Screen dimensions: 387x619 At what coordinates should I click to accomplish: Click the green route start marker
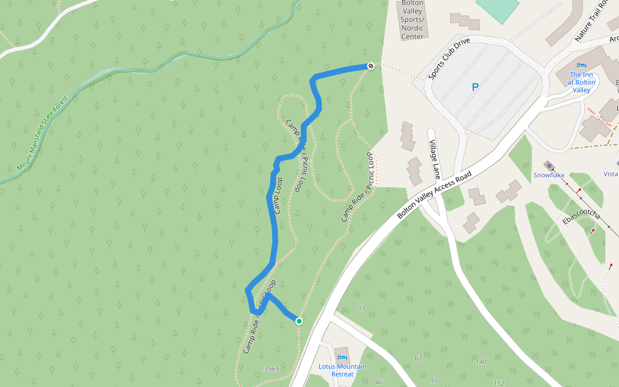299,321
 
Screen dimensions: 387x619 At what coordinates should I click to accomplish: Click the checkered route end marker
371,66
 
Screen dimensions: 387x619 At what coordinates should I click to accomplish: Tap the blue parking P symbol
475,87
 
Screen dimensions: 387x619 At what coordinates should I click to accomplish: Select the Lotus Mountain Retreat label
342,370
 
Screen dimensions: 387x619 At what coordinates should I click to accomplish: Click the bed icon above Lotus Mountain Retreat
342,357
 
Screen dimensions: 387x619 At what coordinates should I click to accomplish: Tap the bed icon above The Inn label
582,66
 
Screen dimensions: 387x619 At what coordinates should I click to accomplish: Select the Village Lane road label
435,159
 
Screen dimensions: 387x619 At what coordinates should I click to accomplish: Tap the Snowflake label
549,175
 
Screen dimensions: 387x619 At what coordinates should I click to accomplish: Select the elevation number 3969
271,369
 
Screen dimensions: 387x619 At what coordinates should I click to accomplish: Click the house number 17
361,308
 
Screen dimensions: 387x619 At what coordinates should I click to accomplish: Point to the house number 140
480,362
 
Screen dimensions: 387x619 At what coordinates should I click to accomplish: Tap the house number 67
418,358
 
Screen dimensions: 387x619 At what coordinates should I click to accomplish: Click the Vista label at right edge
611,174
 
